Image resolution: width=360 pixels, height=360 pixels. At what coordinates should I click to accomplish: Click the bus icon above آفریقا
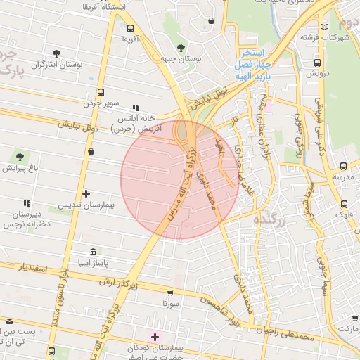[130, 28]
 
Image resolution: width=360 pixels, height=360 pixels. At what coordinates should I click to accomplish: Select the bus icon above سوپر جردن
[101, 92]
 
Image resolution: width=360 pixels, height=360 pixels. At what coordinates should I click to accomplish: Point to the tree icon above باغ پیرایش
[18, 157]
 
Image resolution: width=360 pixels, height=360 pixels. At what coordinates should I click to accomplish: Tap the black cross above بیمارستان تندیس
[86, 193]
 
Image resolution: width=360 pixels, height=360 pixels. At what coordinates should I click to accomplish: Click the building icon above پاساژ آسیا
[93, 252]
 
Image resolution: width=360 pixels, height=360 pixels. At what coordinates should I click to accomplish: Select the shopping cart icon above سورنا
[170, 293]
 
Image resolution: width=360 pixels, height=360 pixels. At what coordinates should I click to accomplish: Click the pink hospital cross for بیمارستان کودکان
[155, 337]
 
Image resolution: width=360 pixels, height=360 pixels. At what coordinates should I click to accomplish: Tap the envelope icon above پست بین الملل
[10, 321]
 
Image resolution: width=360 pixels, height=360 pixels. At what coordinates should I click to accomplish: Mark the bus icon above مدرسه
[343, 166]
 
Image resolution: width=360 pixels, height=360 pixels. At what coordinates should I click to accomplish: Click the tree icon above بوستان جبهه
[181, 48]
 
